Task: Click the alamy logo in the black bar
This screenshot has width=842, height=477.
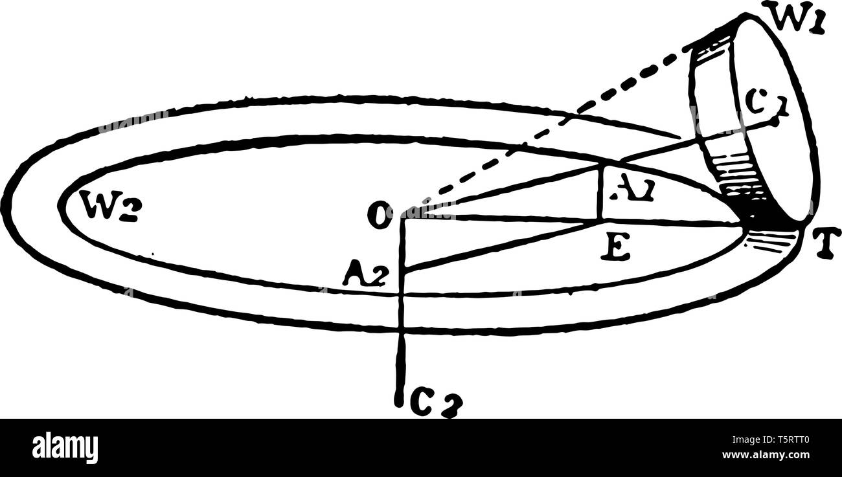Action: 65,447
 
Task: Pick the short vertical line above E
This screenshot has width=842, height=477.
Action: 602,193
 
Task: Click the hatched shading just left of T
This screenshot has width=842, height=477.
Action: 771,241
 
